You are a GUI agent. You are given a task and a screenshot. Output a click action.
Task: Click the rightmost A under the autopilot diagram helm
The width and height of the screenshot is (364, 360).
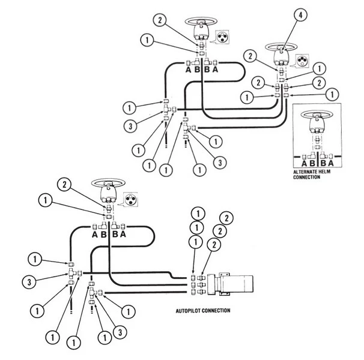click(x=123, y=235)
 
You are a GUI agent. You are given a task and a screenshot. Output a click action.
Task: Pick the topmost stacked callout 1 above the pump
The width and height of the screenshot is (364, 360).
click(x=196, y=213)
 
